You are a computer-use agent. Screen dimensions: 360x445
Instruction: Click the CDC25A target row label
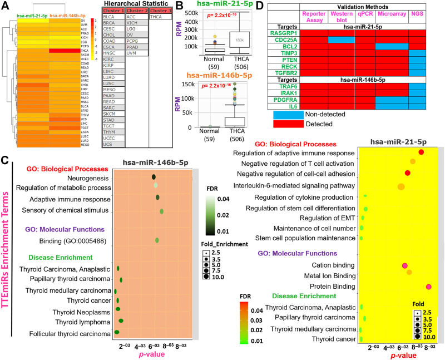[x=286, y=40]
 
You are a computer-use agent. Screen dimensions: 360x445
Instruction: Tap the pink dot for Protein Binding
[x=429, y=287]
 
